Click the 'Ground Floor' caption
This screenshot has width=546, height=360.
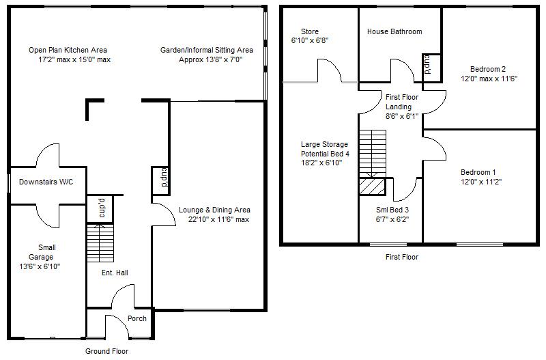tap(106, 351)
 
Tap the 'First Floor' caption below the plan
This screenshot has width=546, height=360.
tap(402, 258)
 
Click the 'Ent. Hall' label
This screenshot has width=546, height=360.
tap(115, 273)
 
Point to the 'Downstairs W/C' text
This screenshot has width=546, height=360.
tap(46, 182)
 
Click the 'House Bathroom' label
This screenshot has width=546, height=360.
tap(394, 32)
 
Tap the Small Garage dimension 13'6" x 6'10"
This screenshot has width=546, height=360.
tap(40, 267)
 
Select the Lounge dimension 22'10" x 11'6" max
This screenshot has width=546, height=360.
tap(219, 220)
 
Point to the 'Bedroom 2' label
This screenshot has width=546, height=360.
tap(488, 69)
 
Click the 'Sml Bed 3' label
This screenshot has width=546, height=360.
tap(392, 210)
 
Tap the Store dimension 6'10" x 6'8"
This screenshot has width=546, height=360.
tap(310, 40)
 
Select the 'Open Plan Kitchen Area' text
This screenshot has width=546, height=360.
tap(68, 51)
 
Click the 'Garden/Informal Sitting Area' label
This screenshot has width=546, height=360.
tap(207, 51)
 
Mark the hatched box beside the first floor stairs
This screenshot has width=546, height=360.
tap(373, 186)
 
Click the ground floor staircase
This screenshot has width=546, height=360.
tap(100, 238)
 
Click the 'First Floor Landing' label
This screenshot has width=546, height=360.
tap(402, 102)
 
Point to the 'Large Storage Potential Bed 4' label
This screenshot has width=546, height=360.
tap(325, 154)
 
